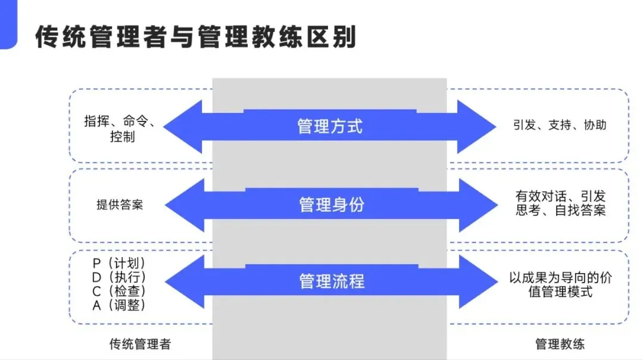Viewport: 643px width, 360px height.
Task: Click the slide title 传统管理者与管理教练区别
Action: pyautogui.click(x=196, y=37)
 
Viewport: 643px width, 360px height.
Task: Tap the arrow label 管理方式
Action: pyautogui.click(x=330, y=126)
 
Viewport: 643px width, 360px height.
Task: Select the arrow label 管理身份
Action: pyautogui.click(x=332, y=205)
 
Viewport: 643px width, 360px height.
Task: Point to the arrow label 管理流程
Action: pyautogui.click(x=332, y=281)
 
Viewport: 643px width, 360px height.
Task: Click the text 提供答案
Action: pyautogui.click(x=120, y=205)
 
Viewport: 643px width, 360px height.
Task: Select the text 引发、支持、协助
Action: pyautogui.click(x=560, y=125)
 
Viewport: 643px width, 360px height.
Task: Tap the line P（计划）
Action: pyautogui.click(x=119, y=263)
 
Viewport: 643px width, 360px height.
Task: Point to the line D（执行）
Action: pyautogui.click(x=119, y=277)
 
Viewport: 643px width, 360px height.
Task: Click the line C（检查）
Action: pyautogui.click(x=119, y=291)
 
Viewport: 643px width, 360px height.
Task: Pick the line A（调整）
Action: pyautogui.click(x=119, y=305)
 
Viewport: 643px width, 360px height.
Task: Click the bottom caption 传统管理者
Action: pyautogui.click(x=140, y=344)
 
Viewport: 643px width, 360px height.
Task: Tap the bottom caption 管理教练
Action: pyautogui.click(x=560, y=344)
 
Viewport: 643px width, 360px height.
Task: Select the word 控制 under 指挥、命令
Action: pyautogui.click(x=122, y=136)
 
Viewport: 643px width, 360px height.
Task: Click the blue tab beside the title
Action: pyautogui.click(x=8, y=24)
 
